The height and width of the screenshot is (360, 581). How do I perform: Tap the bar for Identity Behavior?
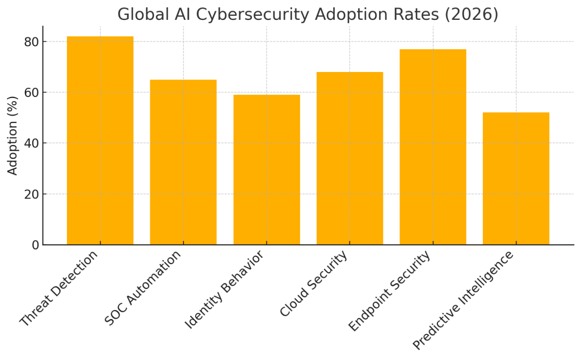267,170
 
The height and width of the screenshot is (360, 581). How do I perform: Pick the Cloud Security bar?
350,158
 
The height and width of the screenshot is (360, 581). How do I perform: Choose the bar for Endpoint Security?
433,147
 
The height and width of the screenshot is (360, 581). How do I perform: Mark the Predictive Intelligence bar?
516,179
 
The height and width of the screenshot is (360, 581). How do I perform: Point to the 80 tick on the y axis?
31,42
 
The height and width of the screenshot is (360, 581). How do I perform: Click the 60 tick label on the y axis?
31,92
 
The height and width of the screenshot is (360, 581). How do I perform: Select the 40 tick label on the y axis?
31,143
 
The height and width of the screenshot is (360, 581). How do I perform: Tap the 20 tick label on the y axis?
31,194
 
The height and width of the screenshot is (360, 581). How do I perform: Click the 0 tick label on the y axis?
35,245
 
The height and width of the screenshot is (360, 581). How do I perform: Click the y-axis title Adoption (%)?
12,135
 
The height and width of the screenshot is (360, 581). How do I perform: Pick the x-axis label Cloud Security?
314,284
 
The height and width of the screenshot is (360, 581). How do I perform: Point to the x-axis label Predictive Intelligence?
464,300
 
